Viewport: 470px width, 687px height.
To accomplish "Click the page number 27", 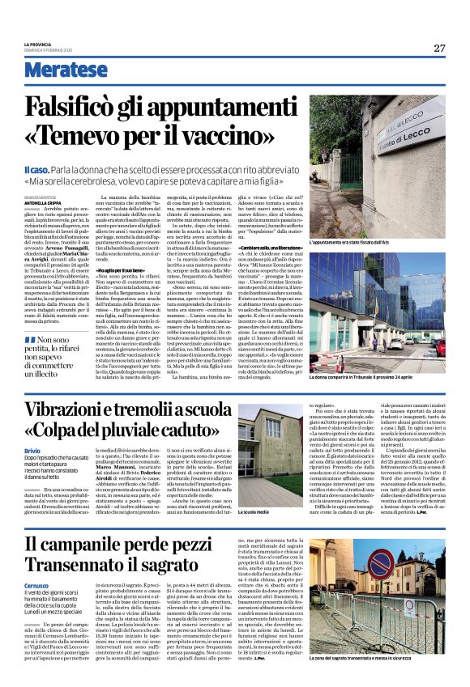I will point(438,48).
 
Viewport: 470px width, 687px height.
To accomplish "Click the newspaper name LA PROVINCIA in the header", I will point(41,44).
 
